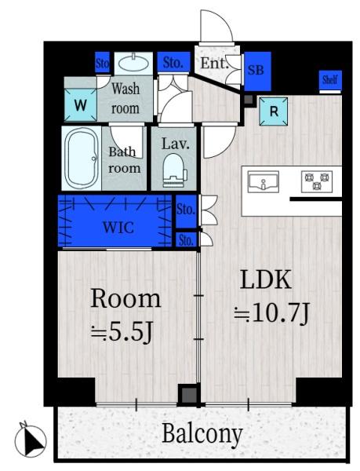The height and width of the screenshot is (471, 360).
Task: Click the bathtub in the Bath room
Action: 82,159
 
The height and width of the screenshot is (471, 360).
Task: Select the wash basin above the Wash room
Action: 133,63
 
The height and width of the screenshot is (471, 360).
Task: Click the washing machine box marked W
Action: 81,105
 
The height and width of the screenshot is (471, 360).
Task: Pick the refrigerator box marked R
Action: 273,111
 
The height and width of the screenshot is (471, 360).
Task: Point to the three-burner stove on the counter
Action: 317,181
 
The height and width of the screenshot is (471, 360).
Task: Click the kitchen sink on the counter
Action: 264,182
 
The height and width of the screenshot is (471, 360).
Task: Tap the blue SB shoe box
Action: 257,71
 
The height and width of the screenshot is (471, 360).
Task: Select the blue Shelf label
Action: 329,80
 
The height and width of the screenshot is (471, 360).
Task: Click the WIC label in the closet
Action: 118,228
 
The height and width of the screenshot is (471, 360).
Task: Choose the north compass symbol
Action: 31,440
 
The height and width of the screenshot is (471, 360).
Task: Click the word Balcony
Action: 202,433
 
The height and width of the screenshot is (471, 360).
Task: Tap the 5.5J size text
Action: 122,333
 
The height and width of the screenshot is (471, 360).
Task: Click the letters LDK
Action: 266,279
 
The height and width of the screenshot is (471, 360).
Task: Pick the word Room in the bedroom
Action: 125,298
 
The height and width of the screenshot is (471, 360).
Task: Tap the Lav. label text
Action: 176,144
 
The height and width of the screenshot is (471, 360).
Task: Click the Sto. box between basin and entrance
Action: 173,62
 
